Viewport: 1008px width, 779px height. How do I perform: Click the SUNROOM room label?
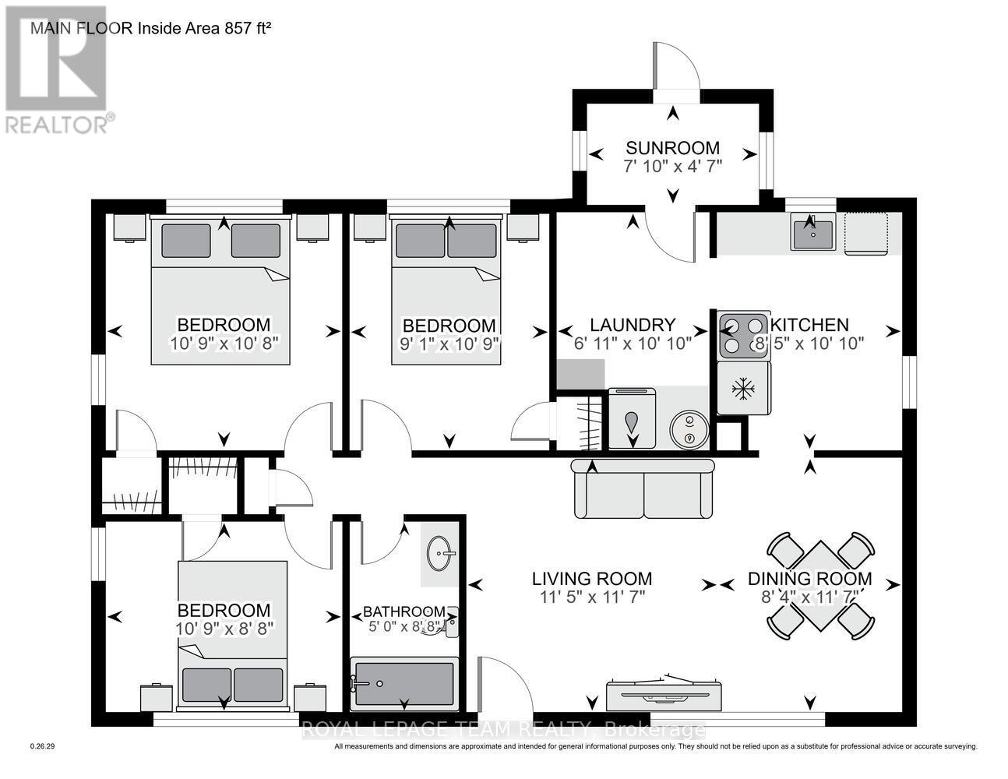point(672,148)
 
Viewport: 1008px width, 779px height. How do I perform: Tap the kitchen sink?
point(812,232)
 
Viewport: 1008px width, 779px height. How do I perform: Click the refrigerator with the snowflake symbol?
point(744,388)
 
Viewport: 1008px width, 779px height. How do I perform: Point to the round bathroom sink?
point(440,555)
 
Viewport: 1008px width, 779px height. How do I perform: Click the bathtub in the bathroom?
point(403,684)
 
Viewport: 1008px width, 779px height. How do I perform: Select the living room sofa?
point(643,489)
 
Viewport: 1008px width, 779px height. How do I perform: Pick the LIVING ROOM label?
point(592,579)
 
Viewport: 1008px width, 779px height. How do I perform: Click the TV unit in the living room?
point(664,689)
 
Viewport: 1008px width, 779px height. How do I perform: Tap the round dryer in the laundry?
point(689,430)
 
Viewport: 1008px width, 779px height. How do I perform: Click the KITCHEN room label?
point(810,325)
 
